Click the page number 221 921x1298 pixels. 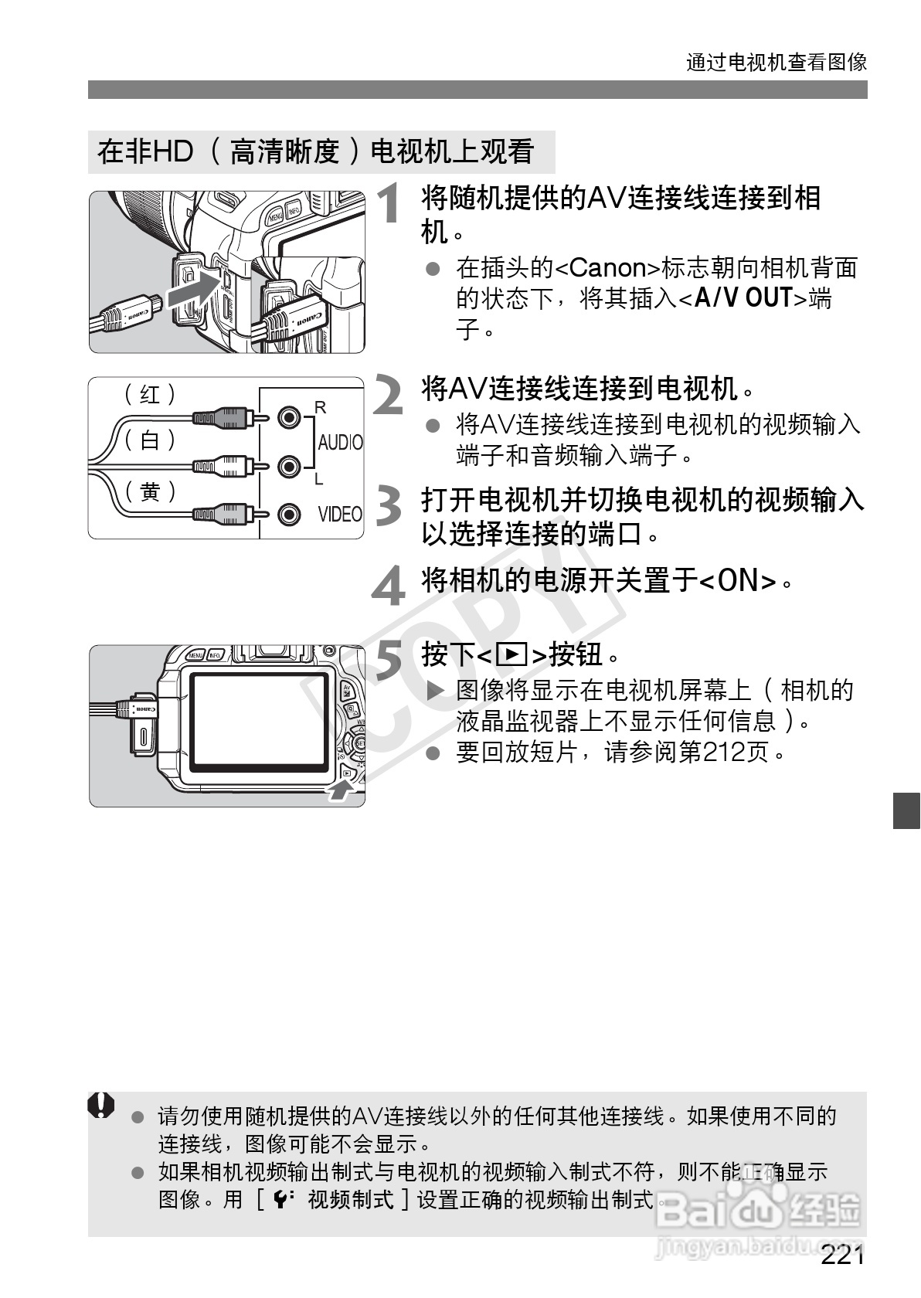point(842,1255)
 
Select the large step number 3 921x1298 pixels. point(388,505)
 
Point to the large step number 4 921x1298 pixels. point(389,585)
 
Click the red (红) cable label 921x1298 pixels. point(150,395)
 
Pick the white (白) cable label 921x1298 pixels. point(150,440)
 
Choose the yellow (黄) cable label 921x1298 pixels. point(150,491)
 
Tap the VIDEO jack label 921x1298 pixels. point(340,515)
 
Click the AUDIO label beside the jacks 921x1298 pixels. point(340,443)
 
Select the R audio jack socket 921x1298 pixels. point(289,418)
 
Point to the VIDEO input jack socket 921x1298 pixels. point(289,514)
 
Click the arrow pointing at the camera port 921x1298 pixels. point(190,291)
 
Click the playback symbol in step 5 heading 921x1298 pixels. point(511,655)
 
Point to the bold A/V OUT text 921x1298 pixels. point(743,297)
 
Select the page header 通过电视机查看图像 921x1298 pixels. point(777,62)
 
